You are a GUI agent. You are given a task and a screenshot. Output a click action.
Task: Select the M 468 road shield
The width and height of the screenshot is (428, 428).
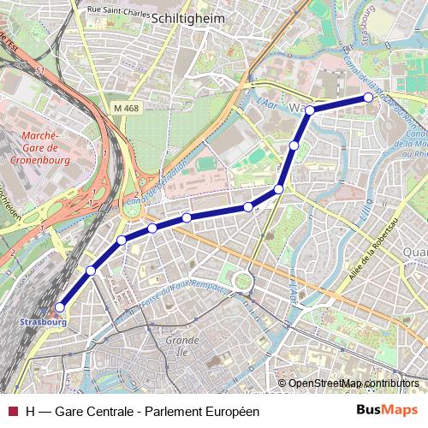[125, 107]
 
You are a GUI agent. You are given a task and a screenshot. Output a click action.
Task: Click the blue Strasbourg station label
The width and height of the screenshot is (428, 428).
[40, 323]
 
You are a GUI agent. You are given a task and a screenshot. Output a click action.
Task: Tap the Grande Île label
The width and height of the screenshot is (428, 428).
[181, 345]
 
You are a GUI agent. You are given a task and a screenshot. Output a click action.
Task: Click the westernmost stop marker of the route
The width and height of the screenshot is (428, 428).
[60, 306]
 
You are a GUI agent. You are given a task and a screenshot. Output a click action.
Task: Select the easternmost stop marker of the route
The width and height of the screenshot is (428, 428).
[369, 98]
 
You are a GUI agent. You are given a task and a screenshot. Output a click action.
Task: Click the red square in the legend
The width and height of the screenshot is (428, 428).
[12, 411]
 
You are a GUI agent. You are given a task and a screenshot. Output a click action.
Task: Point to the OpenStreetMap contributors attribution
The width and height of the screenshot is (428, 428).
[354, 383]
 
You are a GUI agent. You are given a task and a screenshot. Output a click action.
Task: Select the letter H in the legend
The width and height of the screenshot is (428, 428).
[31, 411]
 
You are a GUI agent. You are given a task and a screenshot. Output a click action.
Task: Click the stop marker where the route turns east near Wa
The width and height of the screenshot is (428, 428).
[310, 110]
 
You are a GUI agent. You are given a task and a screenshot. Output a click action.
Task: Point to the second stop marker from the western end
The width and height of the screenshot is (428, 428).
[91, 270]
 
